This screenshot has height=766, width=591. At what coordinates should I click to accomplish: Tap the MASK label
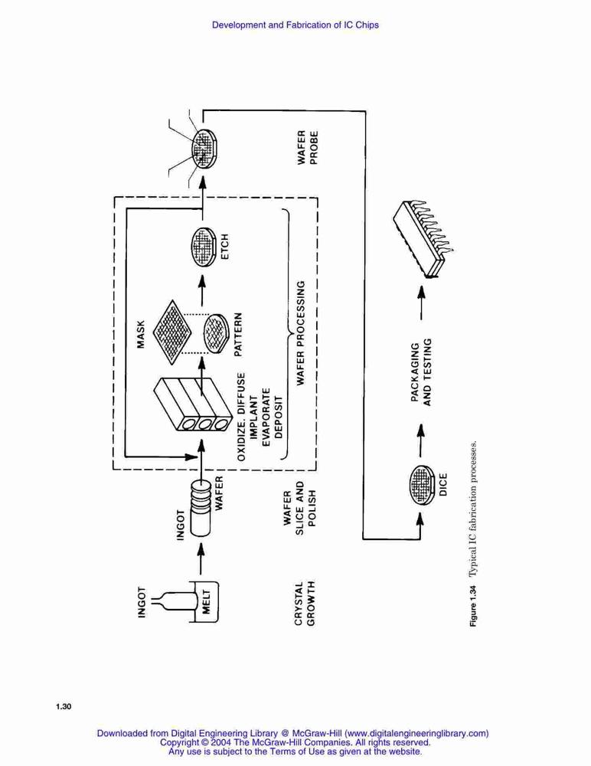tap(141, 334)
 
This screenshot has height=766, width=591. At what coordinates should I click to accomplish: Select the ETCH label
tap(224, 247)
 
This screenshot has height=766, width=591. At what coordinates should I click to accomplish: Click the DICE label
tap(443, 485)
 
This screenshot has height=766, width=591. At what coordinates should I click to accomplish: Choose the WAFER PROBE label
tap(308, 147)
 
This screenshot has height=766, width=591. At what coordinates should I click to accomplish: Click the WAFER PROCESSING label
tap(301, 332)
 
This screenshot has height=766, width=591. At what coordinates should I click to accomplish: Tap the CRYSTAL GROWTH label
tap(305, 604)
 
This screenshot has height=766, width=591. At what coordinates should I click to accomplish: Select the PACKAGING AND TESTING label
tap(421, 372)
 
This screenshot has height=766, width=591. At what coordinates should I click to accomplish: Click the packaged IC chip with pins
tap(423, 238)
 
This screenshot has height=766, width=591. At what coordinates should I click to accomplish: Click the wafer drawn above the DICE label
tap(422, 485)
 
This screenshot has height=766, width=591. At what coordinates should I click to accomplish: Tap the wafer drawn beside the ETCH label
tap(203, 247)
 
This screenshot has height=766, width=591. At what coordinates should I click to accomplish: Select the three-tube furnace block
tap(192, 404)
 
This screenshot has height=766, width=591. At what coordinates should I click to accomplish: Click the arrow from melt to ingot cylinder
tap(201, 558)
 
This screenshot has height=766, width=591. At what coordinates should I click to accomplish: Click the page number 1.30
tap(64, 706)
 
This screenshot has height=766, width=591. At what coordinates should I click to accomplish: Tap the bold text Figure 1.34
tap(473, 605)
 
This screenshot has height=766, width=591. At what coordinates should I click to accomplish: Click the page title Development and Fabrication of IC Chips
tap(295, 25)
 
